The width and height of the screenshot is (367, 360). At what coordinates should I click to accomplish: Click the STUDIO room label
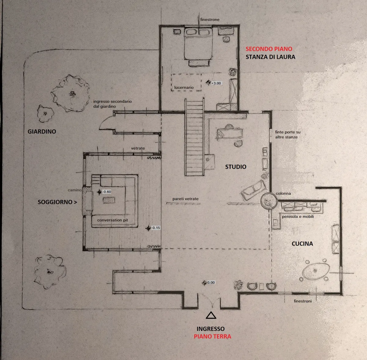click(235, 167)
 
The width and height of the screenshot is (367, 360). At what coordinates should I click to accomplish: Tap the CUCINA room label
click(302, 244)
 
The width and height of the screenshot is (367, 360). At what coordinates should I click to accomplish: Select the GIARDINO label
click(42, 132)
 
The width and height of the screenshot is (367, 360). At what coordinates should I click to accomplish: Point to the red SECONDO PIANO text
click(269, 49)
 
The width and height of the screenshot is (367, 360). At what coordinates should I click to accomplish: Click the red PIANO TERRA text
click(212, 336)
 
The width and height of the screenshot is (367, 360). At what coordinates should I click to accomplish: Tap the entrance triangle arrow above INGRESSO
click(211, 315)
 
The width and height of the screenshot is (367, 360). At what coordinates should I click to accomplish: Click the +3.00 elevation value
click(216, 83)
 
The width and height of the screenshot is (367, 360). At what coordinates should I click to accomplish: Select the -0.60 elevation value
click(107, 192)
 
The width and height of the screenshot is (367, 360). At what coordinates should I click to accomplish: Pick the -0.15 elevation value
click(156, 228)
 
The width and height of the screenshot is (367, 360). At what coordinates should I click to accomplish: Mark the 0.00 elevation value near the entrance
click(211, 283)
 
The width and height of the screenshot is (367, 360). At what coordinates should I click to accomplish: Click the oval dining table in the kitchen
click(316, 271)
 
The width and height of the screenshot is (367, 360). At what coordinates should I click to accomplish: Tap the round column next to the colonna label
click(269, 201)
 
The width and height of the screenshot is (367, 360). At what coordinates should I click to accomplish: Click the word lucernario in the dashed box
click(184, 88)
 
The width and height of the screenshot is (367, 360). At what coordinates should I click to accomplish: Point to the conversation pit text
click(112, 220)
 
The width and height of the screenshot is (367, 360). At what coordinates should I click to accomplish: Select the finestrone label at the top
click(210, 20)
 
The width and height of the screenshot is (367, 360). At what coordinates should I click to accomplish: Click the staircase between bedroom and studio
click(194, 137)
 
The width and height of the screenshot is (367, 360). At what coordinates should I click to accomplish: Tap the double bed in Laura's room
click(198, 44)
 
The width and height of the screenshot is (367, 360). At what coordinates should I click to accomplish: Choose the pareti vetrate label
click(185, 199)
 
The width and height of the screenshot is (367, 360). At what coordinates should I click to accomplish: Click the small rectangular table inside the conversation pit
click(109, 200)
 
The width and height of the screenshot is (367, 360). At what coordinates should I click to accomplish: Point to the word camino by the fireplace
click(74, 190)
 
